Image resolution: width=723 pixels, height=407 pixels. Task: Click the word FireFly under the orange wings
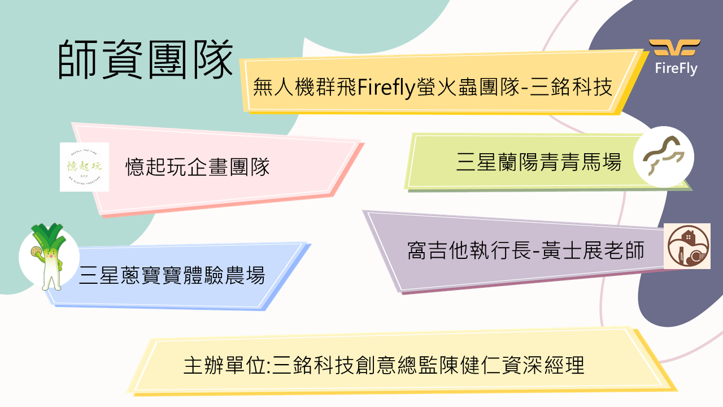tap(676, 69)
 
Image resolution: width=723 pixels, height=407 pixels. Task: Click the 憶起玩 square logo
tap(84, 167)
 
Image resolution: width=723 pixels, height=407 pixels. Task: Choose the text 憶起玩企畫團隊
tap(198, 167)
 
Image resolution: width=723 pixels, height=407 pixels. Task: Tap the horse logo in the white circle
tap(663, 157)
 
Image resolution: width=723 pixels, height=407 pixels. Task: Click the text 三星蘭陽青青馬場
tap(538, 163)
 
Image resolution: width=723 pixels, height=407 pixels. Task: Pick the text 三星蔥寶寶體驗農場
tap(172, 276)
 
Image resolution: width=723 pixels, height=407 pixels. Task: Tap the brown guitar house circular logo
tap(686, 246)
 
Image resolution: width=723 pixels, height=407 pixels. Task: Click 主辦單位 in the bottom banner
tap(224, 365)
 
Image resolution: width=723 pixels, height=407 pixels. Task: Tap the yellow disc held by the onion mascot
tap(35, 251)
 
